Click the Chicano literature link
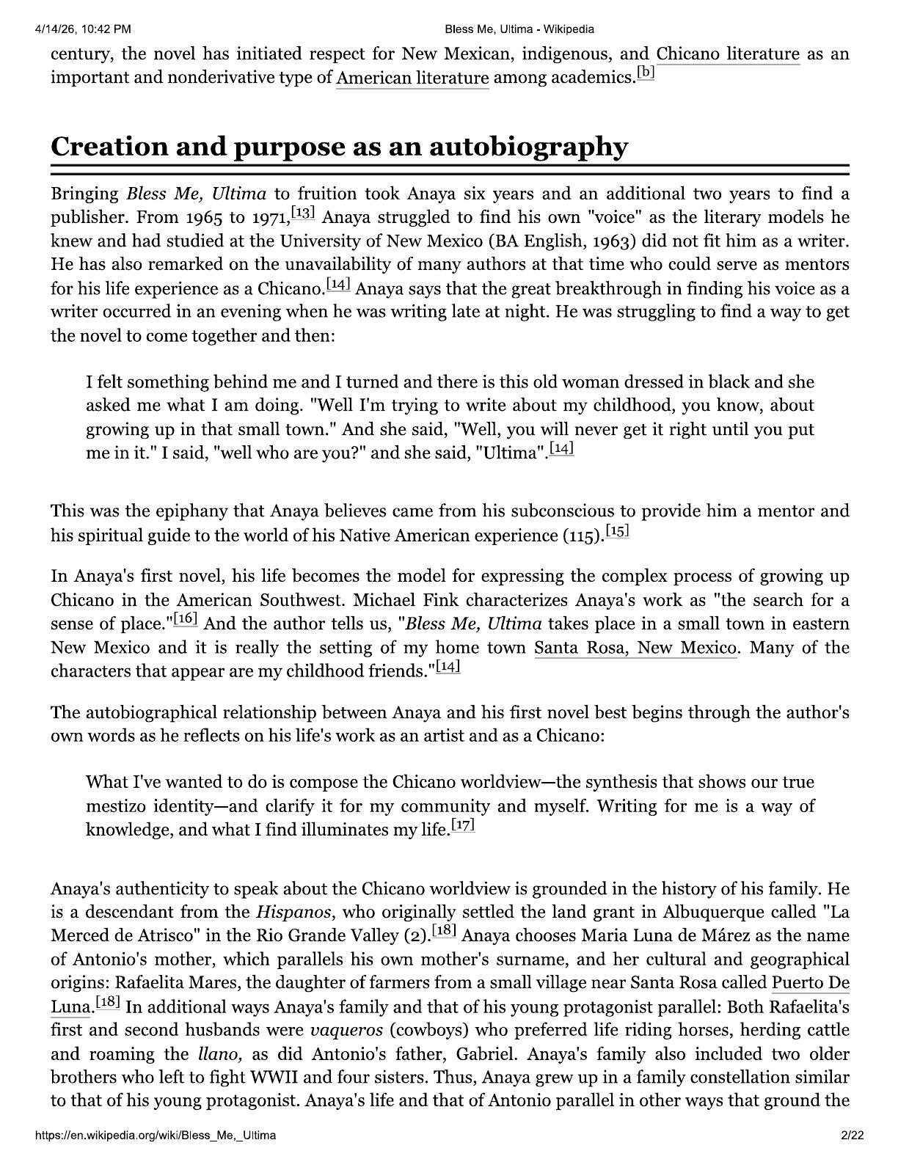(x=727, y=54)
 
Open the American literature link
(x=412, y=78)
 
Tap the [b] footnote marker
(x=646, y=73)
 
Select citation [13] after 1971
(x=303, y=213)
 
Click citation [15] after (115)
(x=618, y=531)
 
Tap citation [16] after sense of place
(x=186, y=619)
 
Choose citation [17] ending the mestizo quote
(x=463, y=825)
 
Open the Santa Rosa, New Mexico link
(x=635, y=648)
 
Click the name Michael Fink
(x=406, y=600)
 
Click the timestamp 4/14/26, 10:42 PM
(x=82, y=29)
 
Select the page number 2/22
(x=853, y=1136)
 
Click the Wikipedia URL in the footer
(x=156, y=1136)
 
